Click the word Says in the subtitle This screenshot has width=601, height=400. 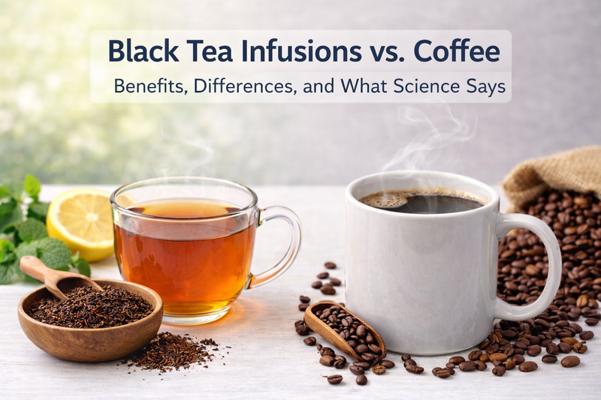click(x=488, y=86)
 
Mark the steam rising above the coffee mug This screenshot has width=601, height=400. click(x=428, y=139)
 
